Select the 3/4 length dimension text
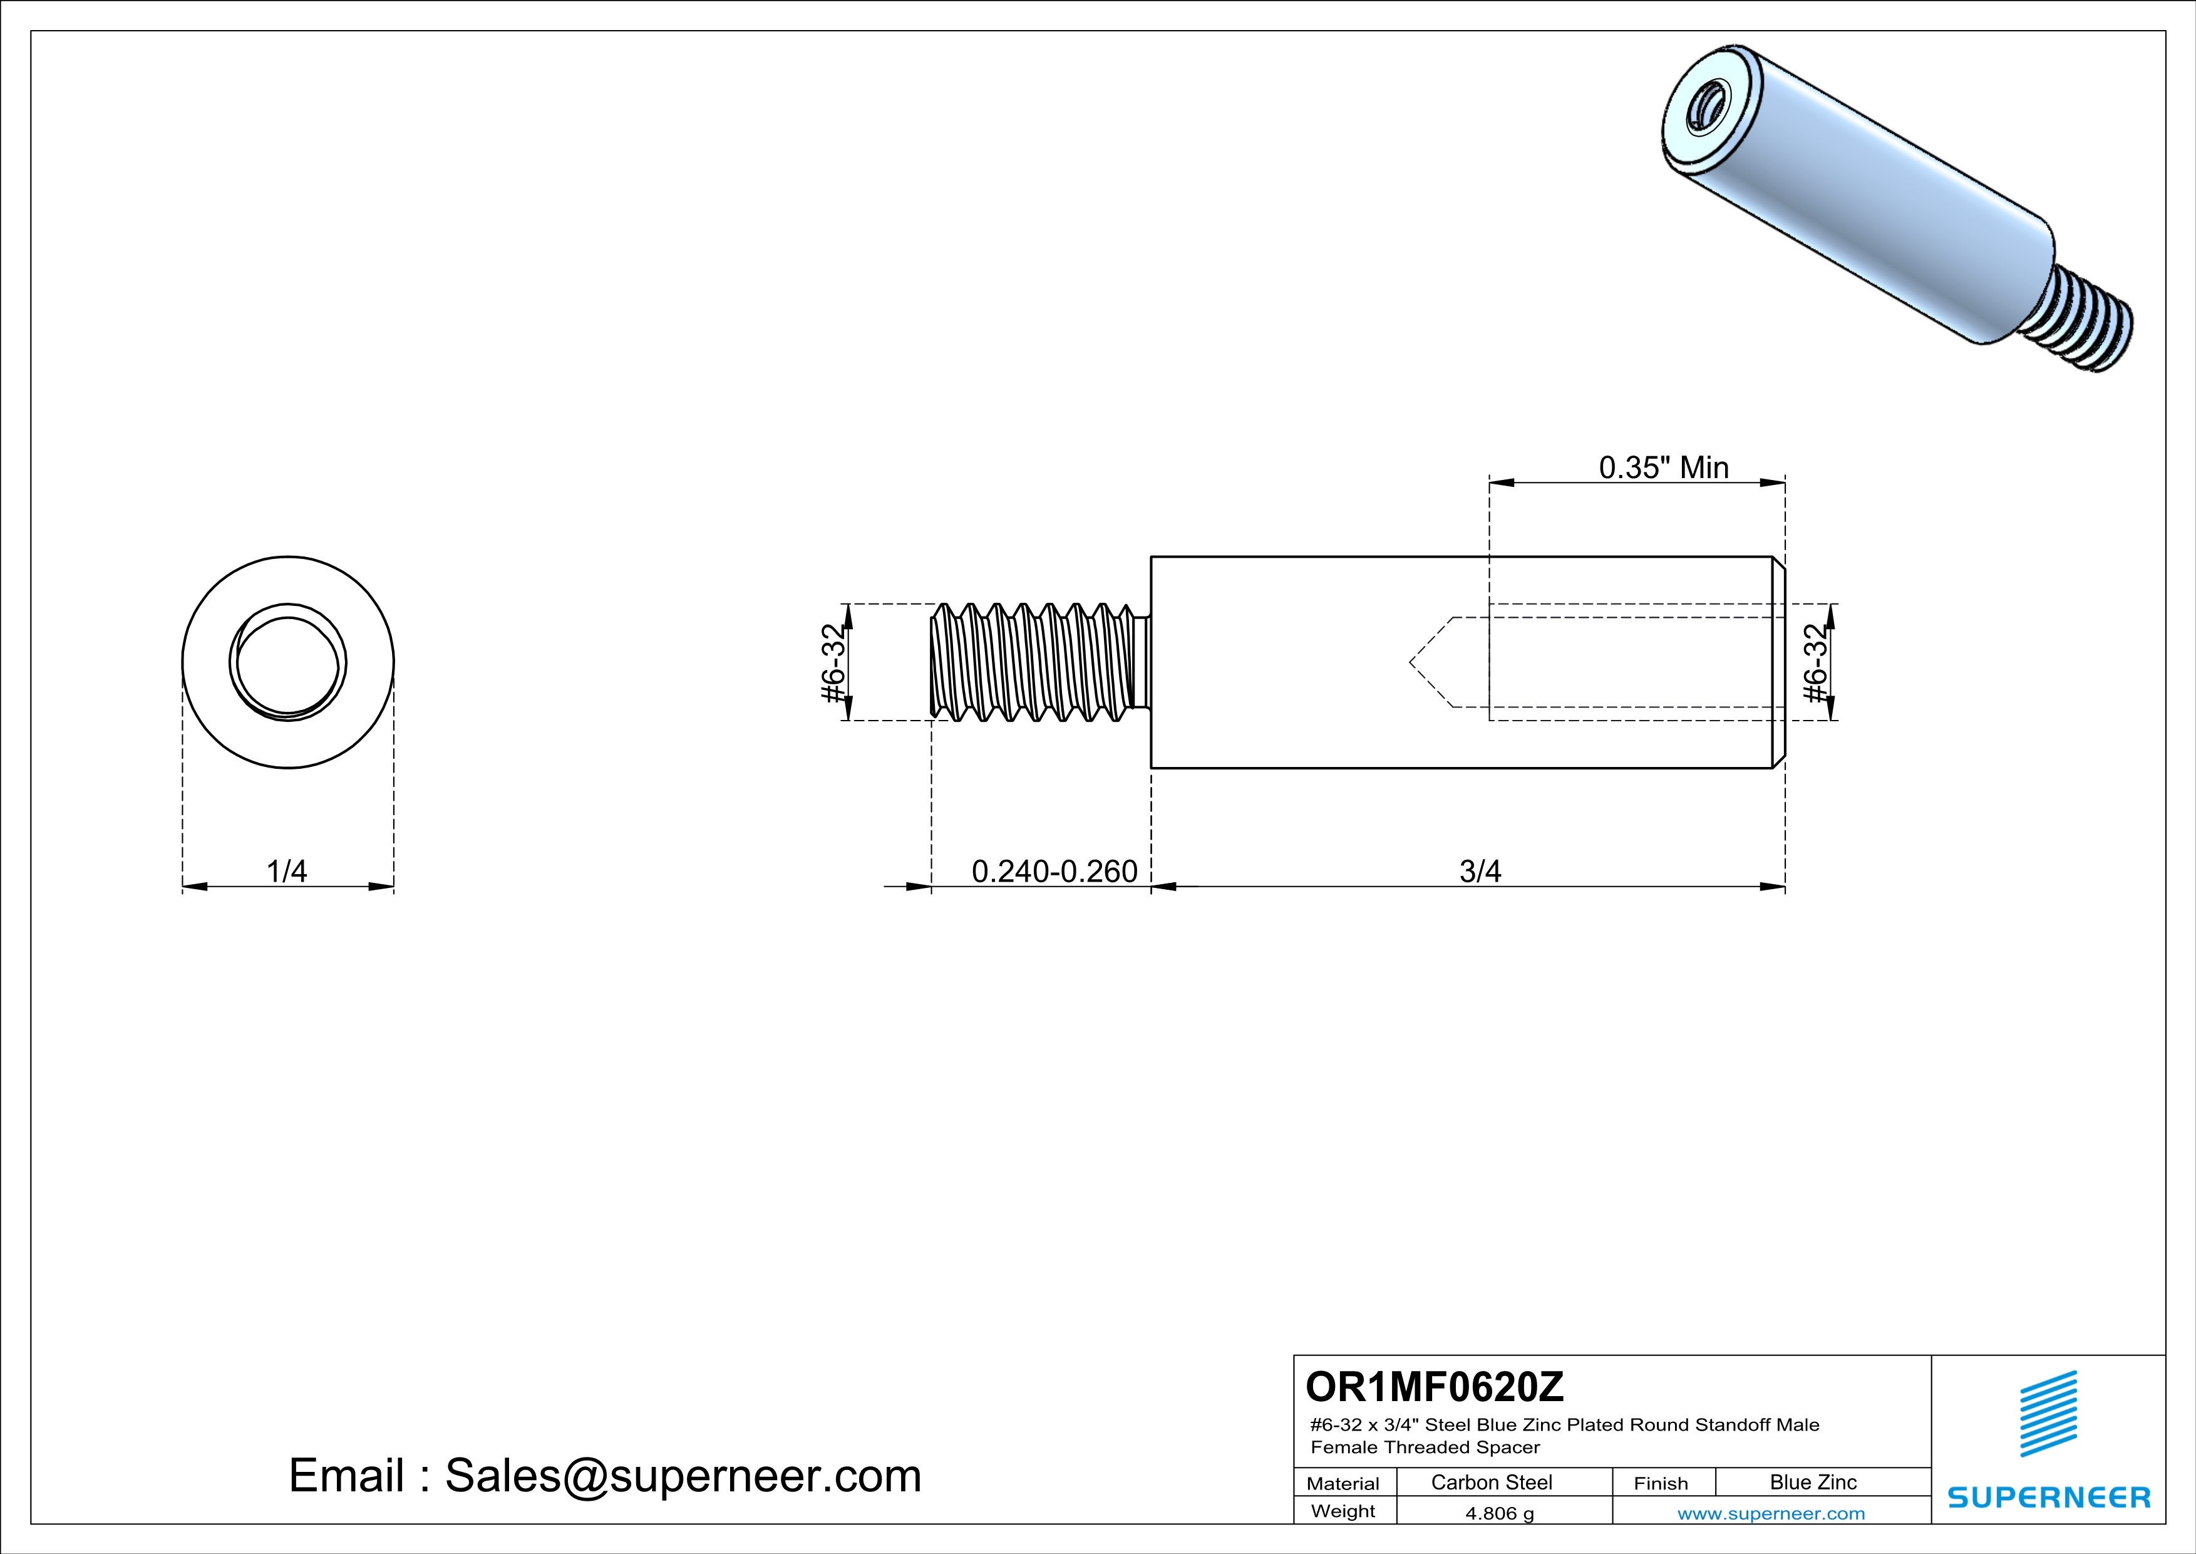[x=1480, y=871]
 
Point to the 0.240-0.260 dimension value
[x=1054, y=871]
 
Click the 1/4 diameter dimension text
[x=287, y=871]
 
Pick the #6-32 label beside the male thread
[x=834, y=662]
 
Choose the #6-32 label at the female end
[x=1815, y=662]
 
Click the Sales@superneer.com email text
[x=683, y=1476]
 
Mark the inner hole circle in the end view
[x=288, y=662]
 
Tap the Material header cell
[x=1343, y=1483]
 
